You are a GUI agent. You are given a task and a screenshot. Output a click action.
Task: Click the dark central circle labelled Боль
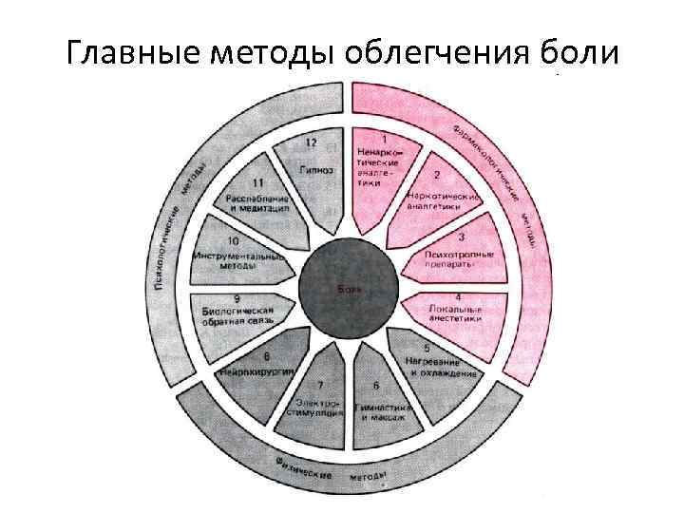pos(345,287)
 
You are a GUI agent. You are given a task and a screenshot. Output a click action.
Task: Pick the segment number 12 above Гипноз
pos(311,142)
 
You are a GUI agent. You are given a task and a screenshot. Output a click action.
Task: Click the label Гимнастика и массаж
pos(382,412)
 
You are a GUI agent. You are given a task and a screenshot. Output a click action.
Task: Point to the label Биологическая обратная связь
pos(237,316)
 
